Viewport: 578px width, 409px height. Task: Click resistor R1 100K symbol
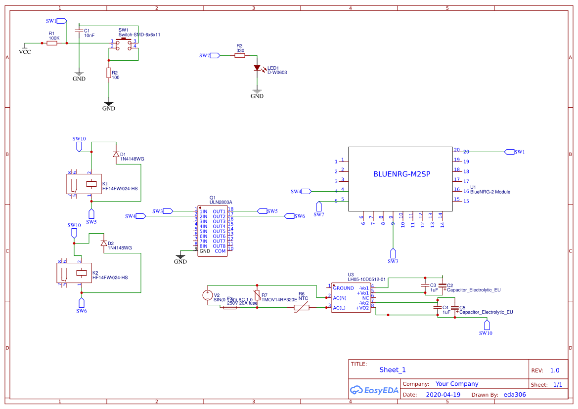52,43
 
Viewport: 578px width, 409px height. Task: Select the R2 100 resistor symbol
109,73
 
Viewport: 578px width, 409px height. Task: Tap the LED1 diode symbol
257,68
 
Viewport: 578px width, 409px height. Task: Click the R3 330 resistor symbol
240,56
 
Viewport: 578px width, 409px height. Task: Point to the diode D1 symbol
116,155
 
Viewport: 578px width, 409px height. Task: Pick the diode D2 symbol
103,244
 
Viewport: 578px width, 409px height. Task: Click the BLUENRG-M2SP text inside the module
401,174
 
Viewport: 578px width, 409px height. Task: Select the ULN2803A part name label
221,202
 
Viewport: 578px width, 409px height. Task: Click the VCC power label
24,51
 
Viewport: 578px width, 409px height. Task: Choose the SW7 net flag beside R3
215,56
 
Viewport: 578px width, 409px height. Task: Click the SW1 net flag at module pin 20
509,152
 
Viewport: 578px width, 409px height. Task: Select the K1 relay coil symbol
91,184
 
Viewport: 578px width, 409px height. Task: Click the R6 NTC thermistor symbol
301,307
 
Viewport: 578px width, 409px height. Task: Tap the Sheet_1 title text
393,369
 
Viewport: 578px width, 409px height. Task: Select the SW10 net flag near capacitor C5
487,325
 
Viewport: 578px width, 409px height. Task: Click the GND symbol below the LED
257,92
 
